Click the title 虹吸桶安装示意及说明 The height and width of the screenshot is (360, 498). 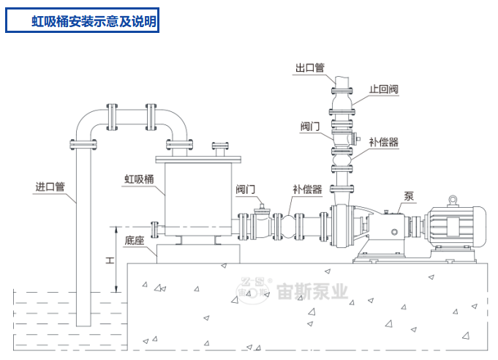94,21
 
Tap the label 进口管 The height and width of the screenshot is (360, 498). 50,187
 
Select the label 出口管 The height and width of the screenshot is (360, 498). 309,67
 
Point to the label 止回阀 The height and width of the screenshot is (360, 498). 384,89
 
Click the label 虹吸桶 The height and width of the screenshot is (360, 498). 139,179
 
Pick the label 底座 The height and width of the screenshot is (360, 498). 134,241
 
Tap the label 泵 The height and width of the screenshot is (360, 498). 409,196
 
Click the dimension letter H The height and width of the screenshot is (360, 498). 110,260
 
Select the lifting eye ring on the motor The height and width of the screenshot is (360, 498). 453,200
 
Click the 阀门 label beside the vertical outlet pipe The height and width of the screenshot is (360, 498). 310,127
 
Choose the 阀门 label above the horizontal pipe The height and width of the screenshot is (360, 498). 245,190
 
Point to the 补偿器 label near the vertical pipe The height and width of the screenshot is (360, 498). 384,142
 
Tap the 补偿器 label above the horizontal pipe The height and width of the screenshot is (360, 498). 307,190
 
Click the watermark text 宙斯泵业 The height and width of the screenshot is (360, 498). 312,292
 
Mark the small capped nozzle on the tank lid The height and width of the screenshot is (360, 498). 220,149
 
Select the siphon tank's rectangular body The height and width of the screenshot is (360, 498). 198,199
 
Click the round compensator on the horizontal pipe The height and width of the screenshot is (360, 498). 289,226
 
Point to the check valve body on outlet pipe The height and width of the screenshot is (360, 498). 342,102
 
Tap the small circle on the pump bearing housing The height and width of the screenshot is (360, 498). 394,232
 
